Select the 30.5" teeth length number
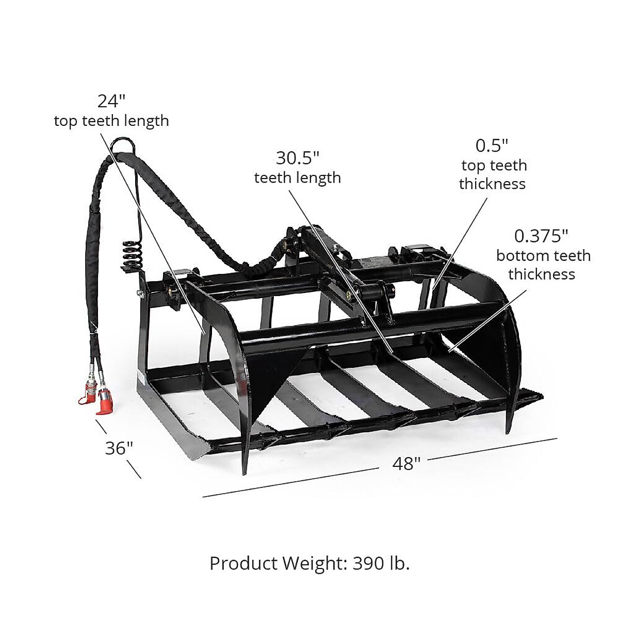(298, 157)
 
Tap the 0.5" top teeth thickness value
(492, 145)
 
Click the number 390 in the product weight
(367, 563)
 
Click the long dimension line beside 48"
(289, 482)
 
